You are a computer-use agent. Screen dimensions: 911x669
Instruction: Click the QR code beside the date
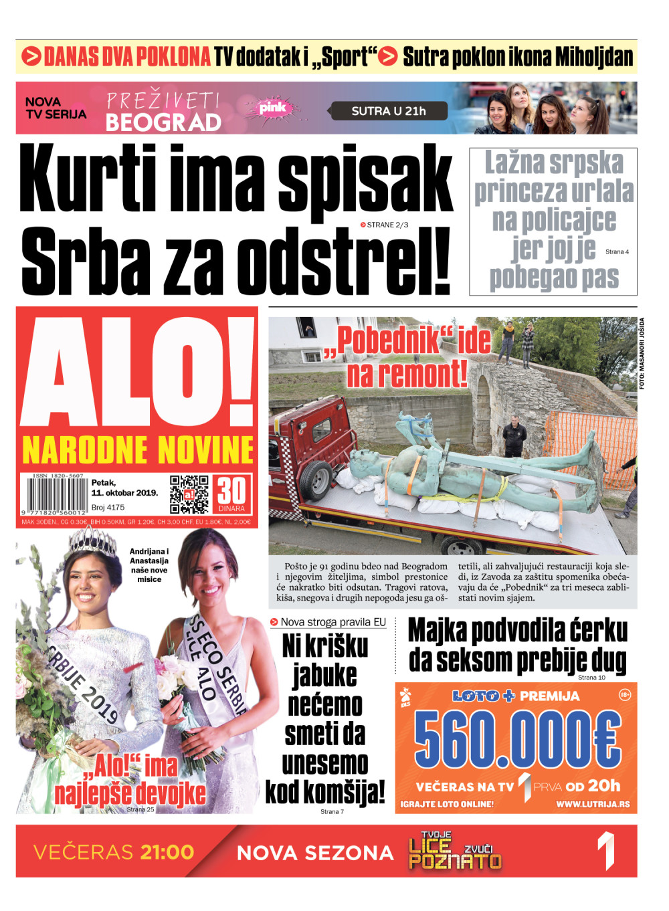[x=189, y=494]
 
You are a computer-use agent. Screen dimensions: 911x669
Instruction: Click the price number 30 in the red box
[x=231, y=491]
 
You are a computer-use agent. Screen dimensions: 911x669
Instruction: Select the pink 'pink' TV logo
[x=272, y=108]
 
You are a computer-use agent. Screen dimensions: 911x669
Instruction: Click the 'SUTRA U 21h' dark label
[x=389, y=111]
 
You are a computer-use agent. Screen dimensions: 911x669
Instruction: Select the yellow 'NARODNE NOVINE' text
[x=138, y=450]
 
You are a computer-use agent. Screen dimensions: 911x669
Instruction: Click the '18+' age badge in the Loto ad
[x=625, y=695]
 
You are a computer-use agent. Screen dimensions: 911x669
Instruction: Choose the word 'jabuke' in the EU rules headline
[x=325, y=676]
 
